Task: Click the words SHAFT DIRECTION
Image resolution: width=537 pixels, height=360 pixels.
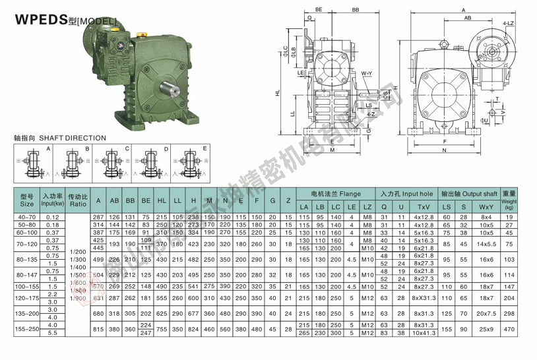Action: pyautogui.click(x=72, y=138)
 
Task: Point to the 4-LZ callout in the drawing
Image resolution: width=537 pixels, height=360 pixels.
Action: pyautogui.click(x=509, y=23)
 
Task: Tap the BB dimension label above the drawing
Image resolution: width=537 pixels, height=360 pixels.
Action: pyautogui.click(x=355, y=11)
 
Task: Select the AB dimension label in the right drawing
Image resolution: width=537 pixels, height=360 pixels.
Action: pyautogui.click(x=467, y=19)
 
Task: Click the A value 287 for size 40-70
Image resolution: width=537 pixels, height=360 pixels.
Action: pyautogui.click(x=98, y=217)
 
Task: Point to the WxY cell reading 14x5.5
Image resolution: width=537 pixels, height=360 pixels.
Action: pyautogui.click(x=486, y=244)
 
